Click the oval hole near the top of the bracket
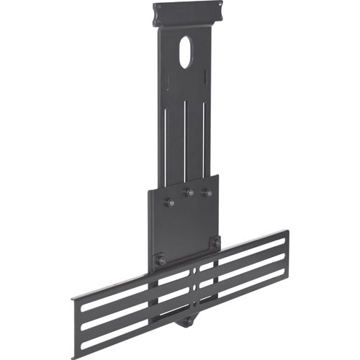[185, 53]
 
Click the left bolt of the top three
[169, 203]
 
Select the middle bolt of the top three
[189, 193]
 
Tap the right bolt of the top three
[207, 193]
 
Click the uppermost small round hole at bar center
[194, 271]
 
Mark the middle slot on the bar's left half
[137, 298]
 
